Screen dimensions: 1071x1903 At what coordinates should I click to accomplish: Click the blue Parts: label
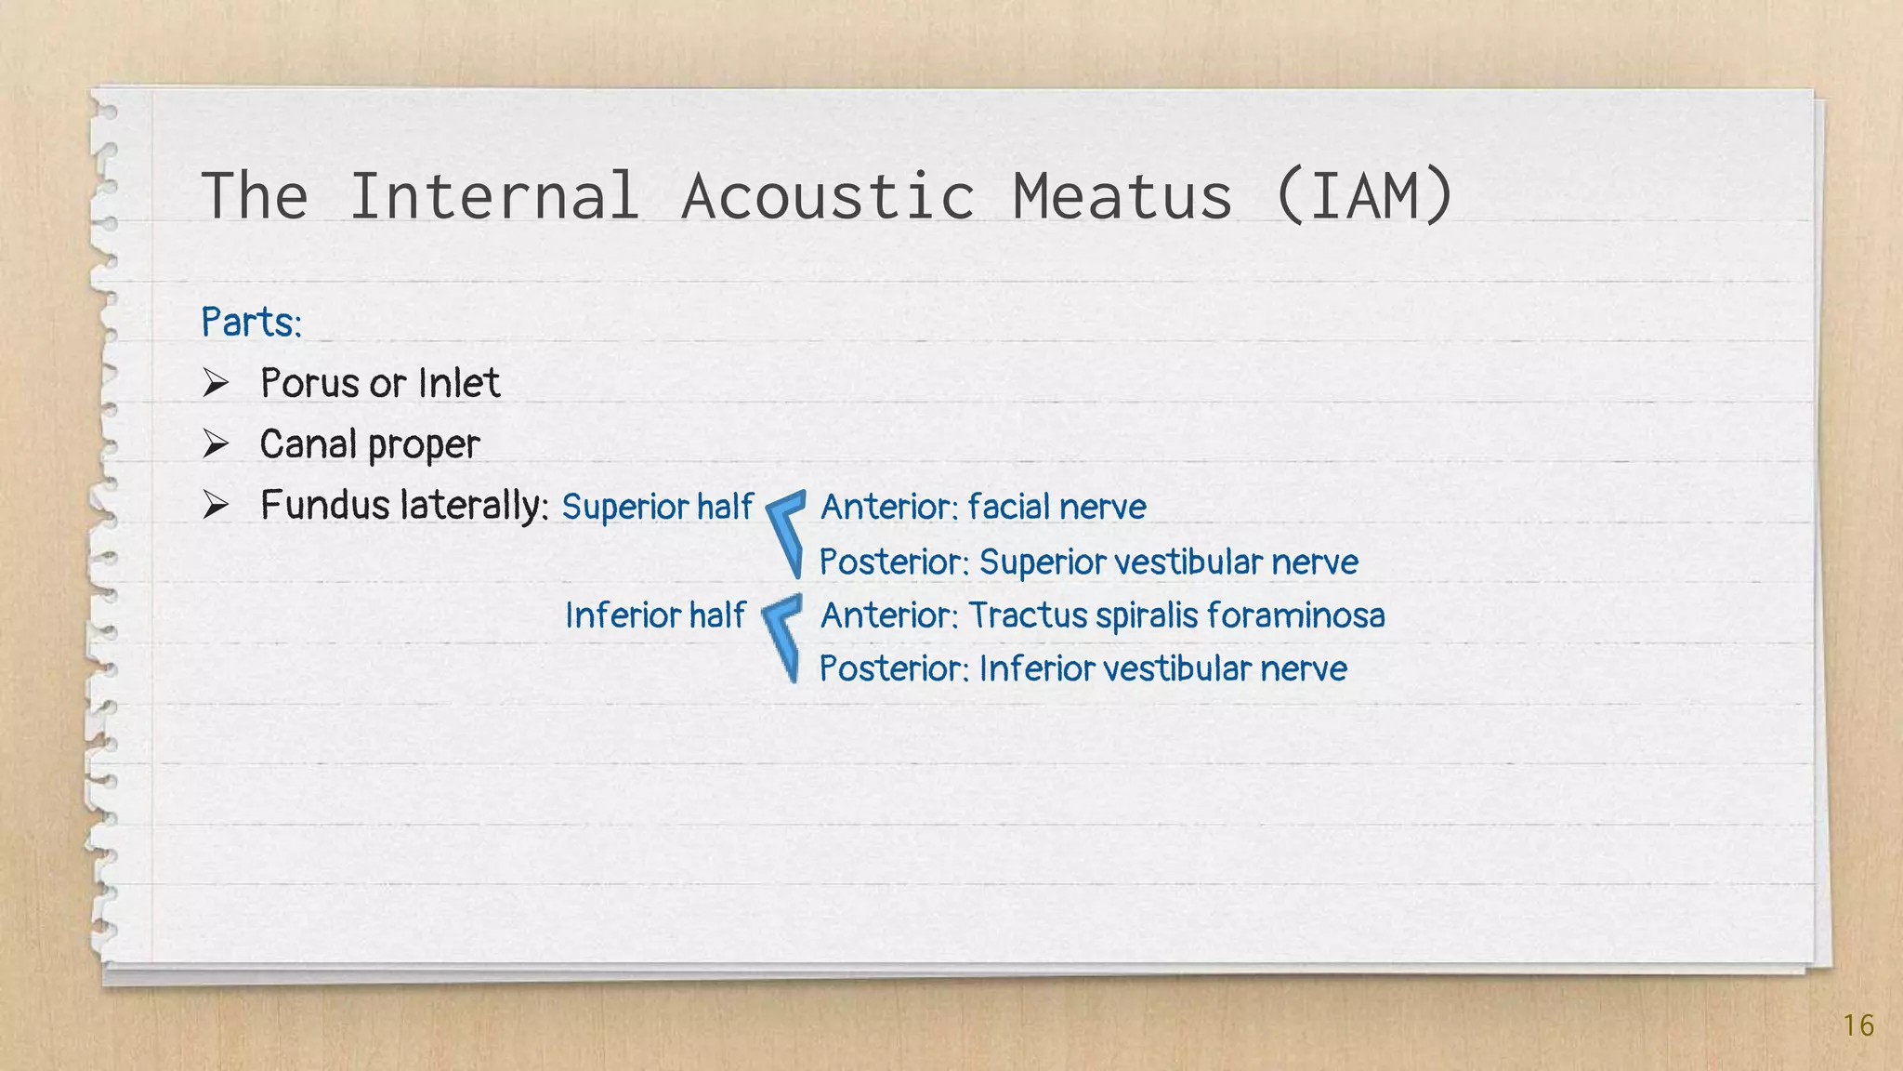(x=252, y=323)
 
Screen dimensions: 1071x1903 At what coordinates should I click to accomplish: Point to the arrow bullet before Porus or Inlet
(x=216, y=383)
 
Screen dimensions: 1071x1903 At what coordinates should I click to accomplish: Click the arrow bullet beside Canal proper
(x=216, y=444)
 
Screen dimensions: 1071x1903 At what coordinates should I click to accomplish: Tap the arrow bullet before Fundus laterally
(x=216, y=505)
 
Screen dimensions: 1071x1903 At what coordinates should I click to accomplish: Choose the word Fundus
(x=324, y=505)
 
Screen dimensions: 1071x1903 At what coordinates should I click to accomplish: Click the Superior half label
(x=657, y=507)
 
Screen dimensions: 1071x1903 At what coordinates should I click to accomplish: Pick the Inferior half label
(x=655, y=615)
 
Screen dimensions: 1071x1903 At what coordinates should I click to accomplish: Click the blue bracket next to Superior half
(x=786, y=532)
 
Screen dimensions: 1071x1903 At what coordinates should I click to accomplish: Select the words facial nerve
(x=1056, y=507)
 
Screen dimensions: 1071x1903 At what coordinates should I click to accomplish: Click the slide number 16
(x=1858, y=1025)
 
